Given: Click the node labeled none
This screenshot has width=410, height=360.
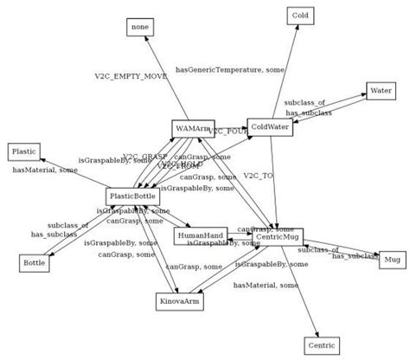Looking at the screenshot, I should pyautogui.click(x=140, y=27).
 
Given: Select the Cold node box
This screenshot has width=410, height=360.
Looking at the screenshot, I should pyautogui.click(x=300, y=16).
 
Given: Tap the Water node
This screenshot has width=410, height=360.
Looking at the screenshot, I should pyautogui.click(x=381, y=90).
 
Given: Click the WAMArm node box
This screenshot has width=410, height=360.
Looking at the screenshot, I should pyautogui.click(x=192, y=129).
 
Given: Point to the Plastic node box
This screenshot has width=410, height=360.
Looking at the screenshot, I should pyautogui.click(x=23, y=151).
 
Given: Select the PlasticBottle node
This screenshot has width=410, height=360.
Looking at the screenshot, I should pyautogui.click(x=132, y=196).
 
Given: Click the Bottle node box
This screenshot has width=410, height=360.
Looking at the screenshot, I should pyautogui.click(x=34, y=262).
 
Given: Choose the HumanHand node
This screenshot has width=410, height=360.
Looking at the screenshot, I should pyautogui.click(x=199, y=235).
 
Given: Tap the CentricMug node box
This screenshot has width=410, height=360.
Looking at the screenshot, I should pyautogui.click(x=278, y=235).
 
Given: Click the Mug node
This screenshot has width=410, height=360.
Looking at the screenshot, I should pyautogui.click(x=392, y=259).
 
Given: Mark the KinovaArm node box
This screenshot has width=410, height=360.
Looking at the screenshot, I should pyautogui.click(x=180, y=301).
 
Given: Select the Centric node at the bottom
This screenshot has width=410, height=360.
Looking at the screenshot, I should pyautogui.click(x=319, y=344).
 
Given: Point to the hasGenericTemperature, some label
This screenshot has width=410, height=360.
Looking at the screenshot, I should pyautogui.click(x=231, y=68).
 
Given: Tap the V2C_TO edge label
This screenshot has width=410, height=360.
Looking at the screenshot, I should pyautogui.click(x=258, y=176).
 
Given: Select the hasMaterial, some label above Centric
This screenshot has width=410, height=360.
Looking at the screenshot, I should pyautogui.click(x=266, y=285).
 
